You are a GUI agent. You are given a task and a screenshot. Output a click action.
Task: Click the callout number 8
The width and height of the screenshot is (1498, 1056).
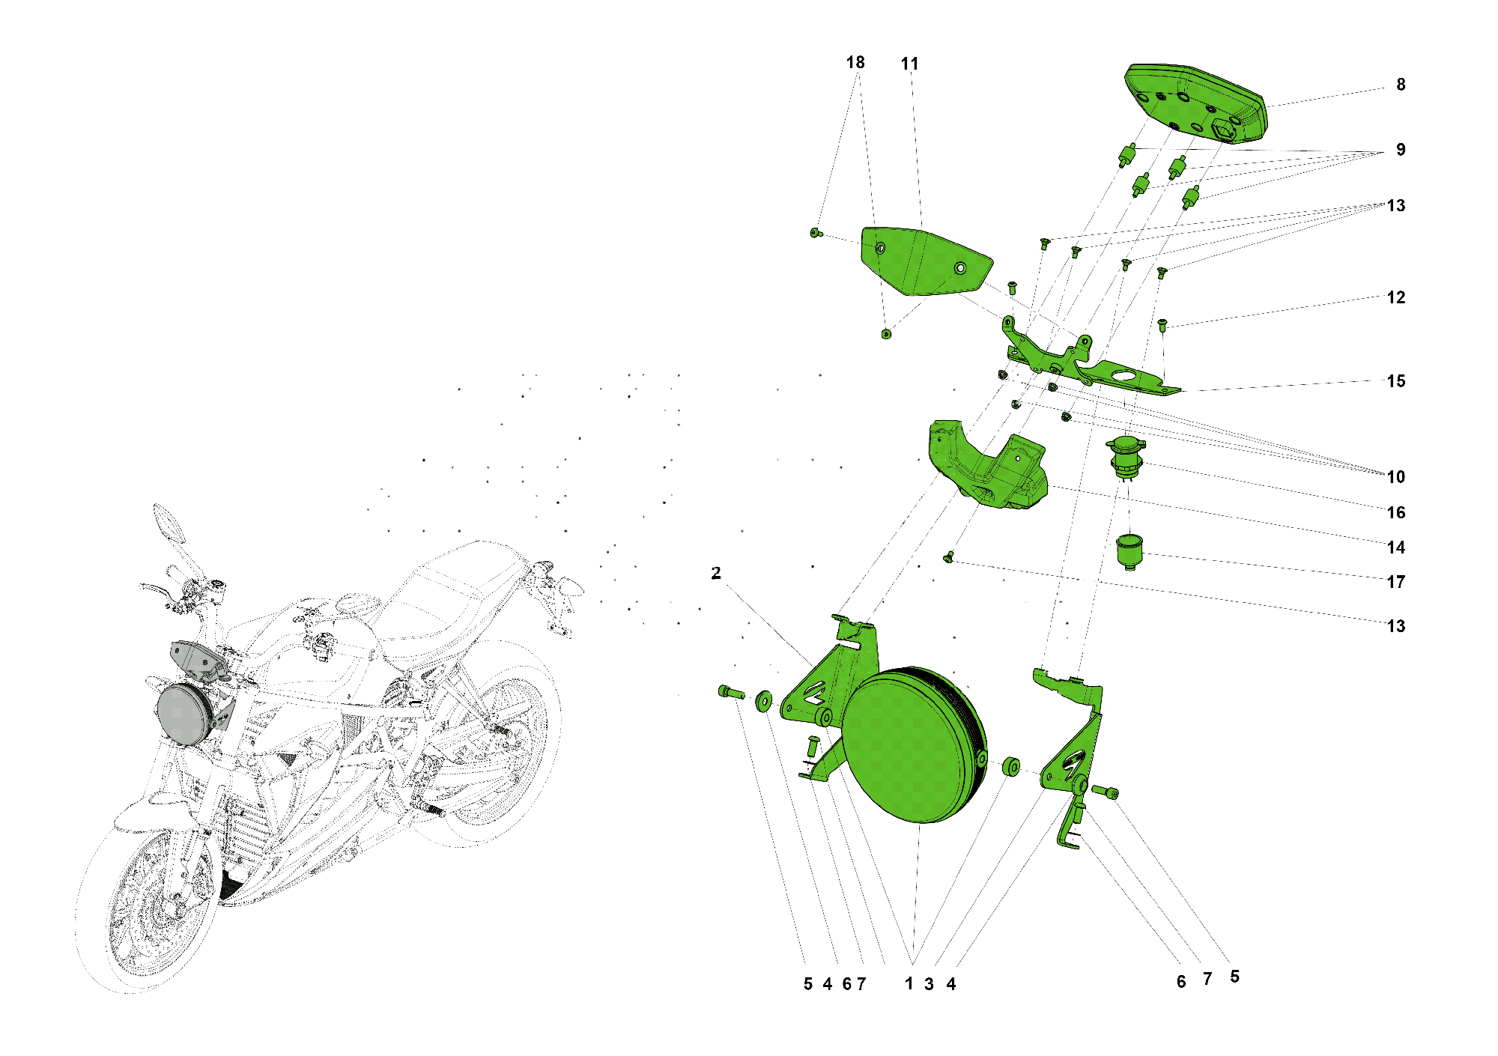click(1401, 85)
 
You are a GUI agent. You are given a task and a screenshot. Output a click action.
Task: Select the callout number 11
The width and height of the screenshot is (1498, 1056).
click(909, 64)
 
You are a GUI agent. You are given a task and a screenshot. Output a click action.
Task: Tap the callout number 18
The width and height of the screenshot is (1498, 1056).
click(855, 63)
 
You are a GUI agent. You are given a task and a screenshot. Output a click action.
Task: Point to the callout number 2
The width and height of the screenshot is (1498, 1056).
click(716, 573)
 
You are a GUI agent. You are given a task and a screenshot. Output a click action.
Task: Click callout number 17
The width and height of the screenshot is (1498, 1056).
click(1395, 582)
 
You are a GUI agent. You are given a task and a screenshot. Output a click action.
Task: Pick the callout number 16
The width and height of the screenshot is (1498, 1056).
click(1396, 512)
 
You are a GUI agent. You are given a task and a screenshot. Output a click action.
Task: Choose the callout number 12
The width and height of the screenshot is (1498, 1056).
click(1396, 297)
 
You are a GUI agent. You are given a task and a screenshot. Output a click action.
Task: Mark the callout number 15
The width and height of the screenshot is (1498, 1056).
click(1396, 381)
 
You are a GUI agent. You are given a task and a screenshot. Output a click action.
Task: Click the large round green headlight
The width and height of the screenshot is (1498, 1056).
click(914, 745)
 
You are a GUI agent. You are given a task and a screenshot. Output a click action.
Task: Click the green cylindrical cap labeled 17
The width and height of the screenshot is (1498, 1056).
click(1129, 551)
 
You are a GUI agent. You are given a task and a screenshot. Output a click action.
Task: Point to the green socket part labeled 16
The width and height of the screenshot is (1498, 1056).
click(1126, 458)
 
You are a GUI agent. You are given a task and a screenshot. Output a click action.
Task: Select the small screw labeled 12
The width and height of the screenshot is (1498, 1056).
click(1162, 325)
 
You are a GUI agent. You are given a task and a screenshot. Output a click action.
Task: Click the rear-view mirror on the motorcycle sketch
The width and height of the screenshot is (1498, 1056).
click(169, 522)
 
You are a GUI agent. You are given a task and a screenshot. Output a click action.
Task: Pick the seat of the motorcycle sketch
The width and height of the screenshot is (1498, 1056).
click(457, 592)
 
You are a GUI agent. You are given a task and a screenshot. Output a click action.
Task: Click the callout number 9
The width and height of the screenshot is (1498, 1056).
click(1401, 150)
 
